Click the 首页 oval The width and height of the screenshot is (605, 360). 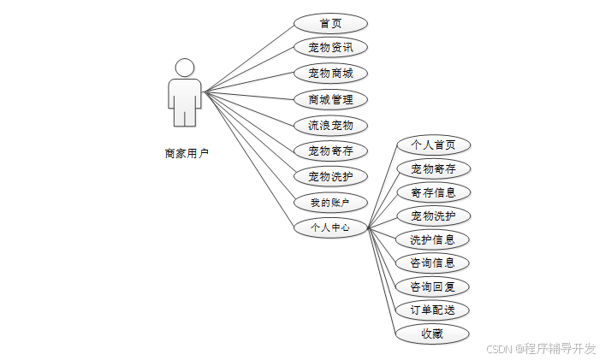coord(330,23)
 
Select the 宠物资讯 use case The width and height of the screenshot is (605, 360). coord(330,48)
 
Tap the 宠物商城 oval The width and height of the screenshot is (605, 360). coord(330,74)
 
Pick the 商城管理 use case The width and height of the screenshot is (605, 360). coord(330,99)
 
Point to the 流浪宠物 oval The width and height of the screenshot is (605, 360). coord(330,125)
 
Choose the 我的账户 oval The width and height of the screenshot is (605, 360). coord(330,203)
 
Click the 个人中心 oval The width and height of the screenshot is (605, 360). coord(330,228)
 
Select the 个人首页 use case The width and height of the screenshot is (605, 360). coord(433,145)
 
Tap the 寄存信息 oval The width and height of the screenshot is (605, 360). coord(433,192)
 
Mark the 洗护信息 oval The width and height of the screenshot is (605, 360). coord(433,239)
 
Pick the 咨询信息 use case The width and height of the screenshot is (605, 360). coord(433,263)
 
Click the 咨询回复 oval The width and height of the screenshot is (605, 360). coord(433,286)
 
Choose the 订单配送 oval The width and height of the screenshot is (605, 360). coord(433,310)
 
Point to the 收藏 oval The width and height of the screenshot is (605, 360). coord(433,333)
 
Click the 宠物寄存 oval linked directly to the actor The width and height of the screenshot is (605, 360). coord(330,151)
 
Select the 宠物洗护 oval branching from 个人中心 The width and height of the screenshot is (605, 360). coord(433,215)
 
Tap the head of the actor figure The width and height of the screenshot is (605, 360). coord(185,67)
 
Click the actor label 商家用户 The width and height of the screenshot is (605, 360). coord(187,154)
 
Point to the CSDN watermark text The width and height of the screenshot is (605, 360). coord(541,349)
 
